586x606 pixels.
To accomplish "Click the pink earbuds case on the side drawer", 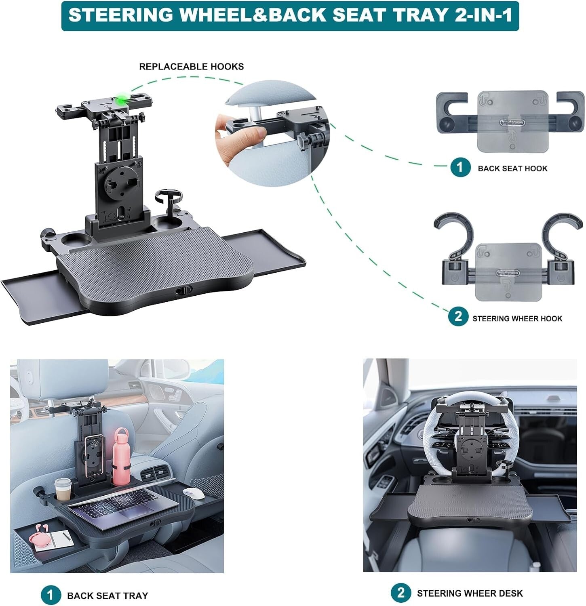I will tap(43, 536).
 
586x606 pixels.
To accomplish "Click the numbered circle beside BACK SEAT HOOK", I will tap(460, 167).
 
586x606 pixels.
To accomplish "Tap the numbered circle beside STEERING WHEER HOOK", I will tap(458, 317).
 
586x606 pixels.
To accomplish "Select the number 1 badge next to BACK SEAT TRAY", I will tap(50, 595).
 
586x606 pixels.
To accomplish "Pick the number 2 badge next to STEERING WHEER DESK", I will tap(401, 593).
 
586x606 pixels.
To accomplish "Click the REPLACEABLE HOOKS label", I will tap(191, 67).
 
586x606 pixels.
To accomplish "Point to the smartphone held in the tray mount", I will tap(93, 450).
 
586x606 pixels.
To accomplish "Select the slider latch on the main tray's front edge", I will tap(183, 290).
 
